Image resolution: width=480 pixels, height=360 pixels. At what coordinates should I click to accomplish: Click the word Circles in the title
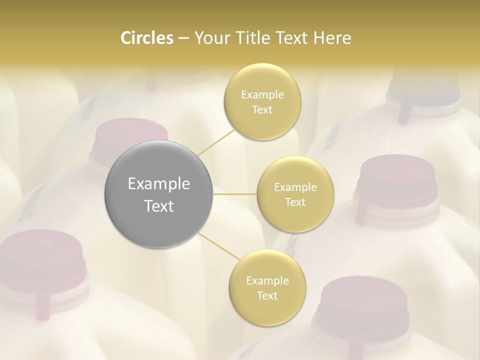tap(146, 38)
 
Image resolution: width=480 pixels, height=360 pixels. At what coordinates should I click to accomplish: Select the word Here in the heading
tap(332, 38)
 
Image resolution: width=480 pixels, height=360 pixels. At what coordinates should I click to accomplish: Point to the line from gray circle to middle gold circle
tap(235, 194)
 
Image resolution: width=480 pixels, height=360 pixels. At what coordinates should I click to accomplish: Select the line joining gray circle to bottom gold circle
tap(218, 246)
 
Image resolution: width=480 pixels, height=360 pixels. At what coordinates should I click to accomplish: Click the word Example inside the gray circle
tap(159, 184)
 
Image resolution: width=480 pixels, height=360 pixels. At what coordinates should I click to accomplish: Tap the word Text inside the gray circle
tap(159, 206)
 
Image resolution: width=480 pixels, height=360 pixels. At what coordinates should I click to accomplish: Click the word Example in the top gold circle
tap(262, 94)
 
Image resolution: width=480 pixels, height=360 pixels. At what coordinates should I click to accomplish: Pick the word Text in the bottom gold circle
tap(267, 295)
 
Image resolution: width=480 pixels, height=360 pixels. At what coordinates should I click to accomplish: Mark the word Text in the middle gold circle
tap(295, 202)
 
